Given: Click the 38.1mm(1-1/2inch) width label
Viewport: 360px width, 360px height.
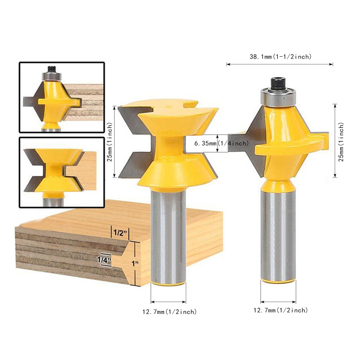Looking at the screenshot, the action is [280, 57].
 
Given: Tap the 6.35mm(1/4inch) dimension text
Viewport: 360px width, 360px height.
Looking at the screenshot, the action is [221, 143].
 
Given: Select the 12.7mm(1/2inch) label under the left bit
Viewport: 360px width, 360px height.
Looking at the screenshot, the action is [170, 312].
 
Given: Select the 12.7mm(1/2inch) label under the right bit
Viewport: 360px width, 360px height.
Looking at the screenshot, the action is [280, 310].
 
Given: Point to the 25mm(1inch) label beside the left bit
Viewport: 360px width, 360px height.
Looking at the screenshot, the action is [110, 141].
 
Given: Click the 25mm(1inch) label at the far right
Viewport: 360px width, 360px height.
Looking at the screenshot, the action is [341, 141].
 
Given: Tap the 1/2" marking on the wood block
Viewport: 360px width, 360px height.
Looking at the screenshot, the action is [120, 233].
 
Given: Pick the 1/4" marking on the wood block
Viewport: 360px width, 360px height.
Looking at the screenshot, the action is [104, 260].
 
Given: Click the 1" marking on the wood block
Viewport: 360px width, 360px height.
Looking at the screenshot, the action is [135, 264].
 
